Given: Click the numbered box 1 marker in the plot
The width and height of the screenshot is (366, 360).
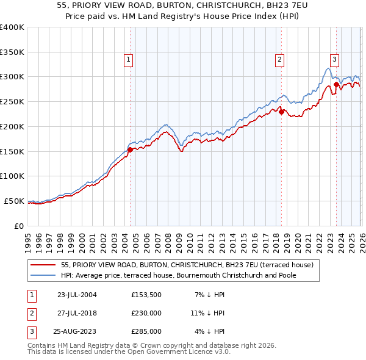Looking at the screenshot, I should tap(129, 59).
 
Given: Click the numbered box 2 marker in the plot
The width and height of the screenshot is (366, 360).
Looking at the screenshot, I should tap(279, 59).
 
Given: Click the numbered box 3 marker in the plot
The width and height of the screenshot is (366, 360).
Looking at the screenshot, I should tap(335, 59).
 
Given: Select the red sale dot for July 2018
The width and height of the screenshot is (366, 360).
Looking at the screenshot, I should tap(281, 111).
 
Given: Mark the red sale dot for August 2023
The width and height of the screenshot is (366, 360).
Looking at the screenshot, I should tap(336, 84).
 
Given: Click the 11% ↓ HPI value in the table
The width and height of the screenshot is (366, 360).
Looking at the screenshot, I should tap(207, 313).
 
